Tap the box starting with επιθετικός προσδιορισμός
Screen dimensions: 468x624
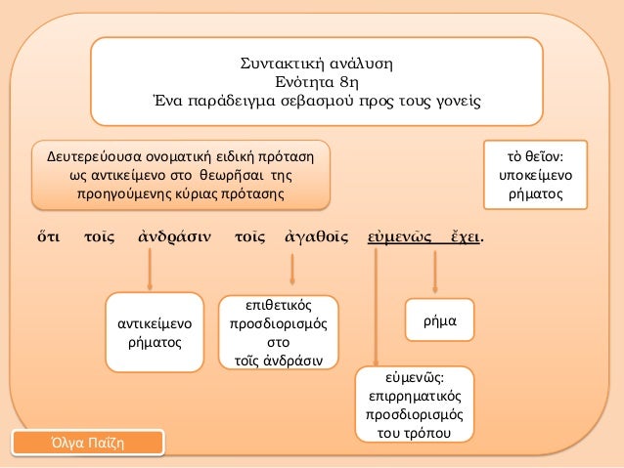279,331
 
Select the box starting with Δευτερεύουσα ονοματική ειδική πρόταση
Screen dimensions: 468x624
178,175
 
